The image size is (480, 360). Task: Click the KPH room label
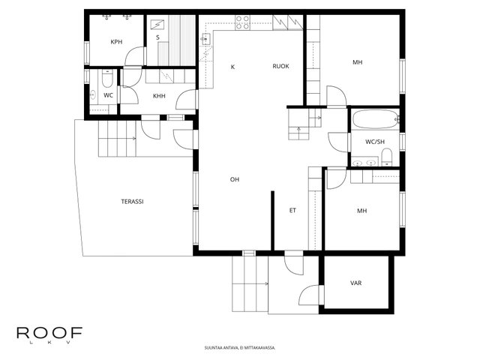(116, 42)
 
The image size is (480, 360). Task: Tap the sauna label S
(157, 37)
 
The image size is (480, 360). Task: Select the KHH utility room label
(159, 96)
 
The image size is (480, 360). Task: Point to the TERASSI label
(132, 202)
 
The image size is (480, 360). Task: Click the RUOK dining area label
(280, 66)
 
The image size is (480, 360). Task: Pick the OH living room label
(235, 179)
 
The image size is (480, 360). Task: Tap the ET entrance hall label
(292, 210)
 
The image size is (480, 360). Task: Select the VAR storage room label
(355, 283)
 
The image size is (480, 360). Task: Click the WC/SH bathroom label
(375, 142)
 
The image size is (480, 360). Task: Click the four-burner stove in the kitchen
(242, 22)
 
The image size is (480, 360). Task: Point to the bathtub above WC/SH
(376, 118)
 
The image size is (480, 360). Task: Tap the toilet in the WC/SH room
(387, 157)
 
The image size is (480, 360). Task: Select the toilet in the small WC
(107, 78)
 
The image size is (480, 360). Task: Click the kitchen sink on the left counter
(205, 39)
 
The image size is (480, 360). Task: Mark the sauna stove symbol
(157, 25)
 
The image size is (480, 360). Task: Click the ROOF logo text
(49, 333)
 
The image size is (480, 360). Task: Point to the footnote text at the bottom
(240, 348)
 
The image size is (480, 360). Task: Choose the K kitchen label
(232, 67)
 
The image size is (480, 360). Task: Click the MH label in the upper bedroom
(357, 62)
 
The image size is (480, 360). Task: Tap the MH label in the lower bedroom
(361, 211)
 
